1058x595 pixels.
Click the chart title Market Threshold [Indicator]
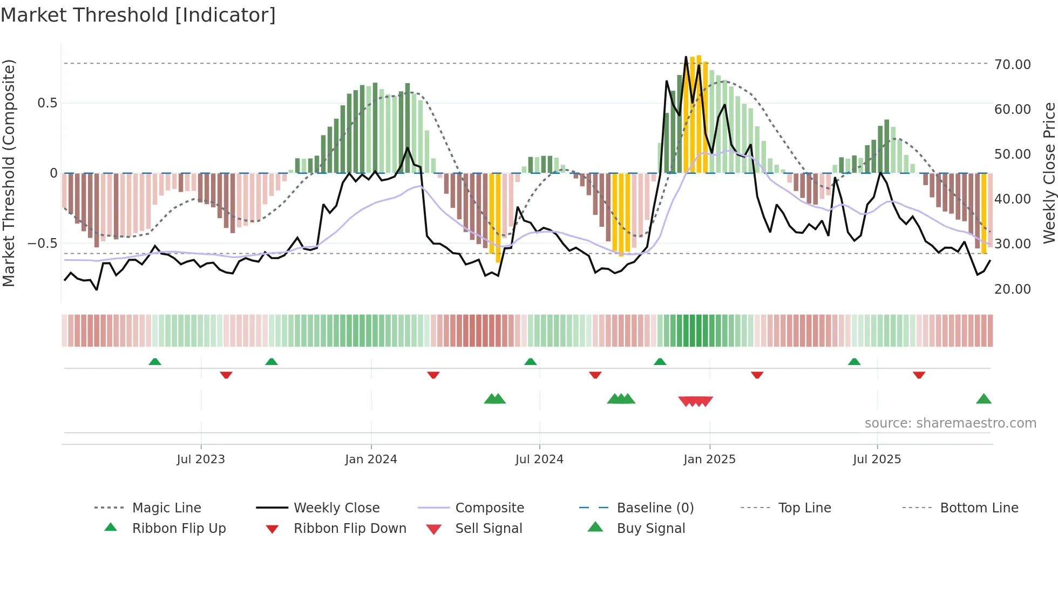point(138,15)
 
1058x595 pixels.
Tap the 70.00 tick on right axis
point(1012,64)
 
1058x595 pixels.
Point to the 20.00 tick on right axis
point(1012,289)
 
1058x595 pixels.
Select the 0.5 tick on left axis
point(47,103)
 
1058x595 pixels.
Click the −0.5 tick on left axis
point(43,244)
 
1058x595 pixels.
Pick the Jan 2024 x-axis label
point(371,459)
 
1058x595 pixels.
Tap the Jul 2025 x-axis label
point(877,459)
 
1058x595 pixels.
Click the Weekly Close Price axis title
point(1049,173)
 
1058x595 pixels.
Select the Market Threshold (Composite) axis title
point(9,173)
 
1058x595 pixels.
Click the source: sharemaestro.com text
point(950,423)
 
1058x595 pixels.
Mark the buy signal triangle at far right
point(984,400)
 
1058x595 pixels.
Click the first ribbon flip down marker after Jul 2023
point(226,375)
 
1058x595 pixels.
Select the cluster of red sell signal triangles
point(695,401)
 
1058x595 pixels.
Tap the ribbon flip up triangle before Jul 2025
point(854,362)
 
